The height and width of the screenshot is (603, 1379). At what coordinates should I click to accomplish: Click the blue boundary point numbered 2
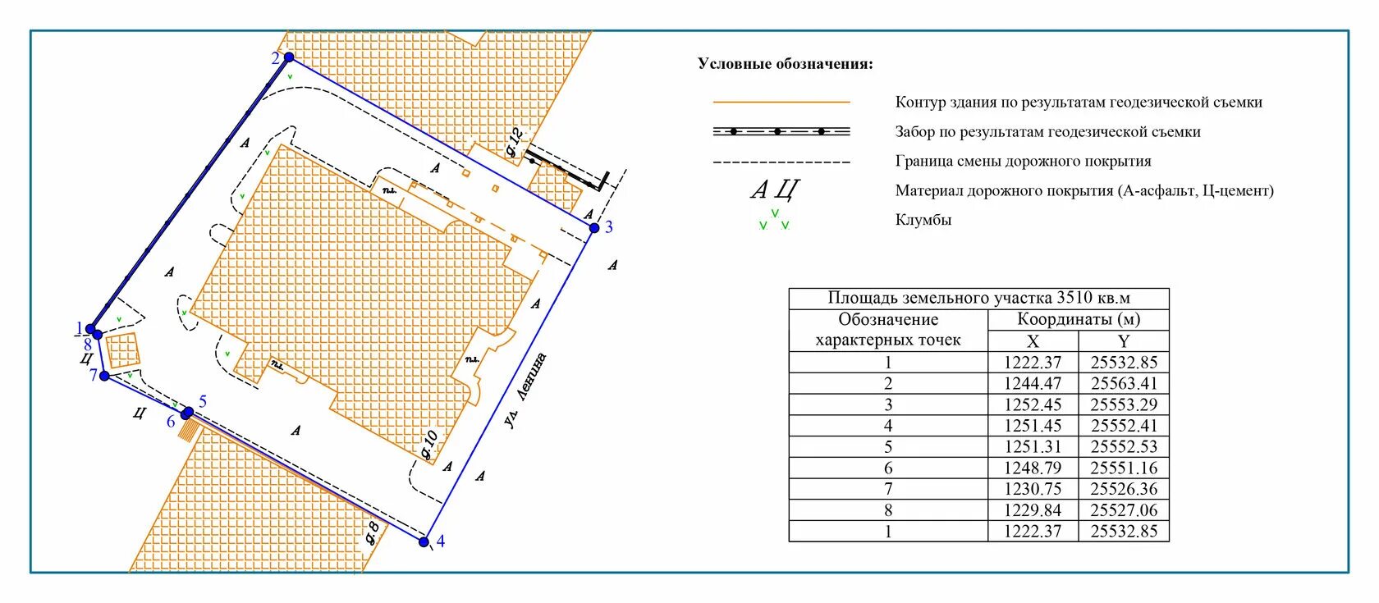(x=289, y=57)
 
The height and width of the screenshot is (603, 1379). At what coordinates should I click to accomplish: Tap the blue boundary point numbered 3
(x=594, y=228)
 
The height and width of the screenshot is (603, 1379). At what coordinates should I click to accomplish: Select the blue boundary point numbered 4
(x=424, y=541)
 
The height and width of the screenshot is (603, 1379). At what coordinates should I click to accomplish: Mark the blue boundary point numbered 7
(x=104, y=377)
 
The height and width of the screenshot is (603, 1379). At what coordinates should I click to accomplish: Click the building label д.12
(x=514, y=143)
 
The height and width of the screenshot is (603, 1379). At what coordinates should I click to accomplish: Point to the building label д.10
(x=429, y=444)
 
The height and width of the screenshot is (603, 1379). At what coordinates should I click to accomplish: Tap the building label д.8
(x=372, y=532)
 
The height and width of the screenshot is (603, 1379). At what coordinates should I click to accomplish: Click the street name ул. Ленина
(x=525, y=391)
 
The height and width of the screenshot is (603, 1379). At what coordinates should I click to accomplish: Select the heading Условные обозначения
(x=786, y=64)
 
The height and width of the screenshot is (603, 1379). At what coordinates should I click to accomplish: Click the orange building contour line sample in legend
(x=781, y=103)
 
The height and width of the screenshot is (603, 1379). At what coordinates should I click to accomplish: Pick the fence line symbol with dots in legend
(x=781, y=131)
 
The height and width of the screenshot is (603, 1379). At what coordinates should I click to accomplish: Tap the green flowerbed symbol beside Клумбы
(x=774, y=220)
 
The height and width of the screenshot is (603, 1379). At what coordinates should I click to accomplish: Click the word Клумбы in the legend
(x=923, y=220)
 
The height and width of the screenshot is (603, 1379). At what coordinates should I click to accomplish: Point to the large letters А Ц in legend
(x=774, y=190)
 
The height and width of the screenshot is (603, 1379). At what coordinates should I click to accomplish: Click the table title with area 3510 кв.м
(x=978, y=298)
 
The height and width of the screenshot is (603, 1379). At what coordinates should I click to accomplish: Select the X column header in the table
(x=1033, y=341)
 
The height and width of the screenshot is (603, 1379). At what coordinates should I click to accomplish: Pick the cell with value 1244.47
(x=1033, y=383)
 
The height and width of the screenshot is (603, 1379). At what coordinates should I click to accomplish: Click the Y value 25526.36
(x=1124, y=489)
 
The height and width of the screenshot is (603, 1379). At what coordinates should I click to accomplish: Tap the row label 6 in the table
(x=888, y=468)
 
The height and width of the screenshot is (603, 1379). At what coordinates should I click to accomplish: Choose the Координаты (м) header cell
(x=1079, y=319)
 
